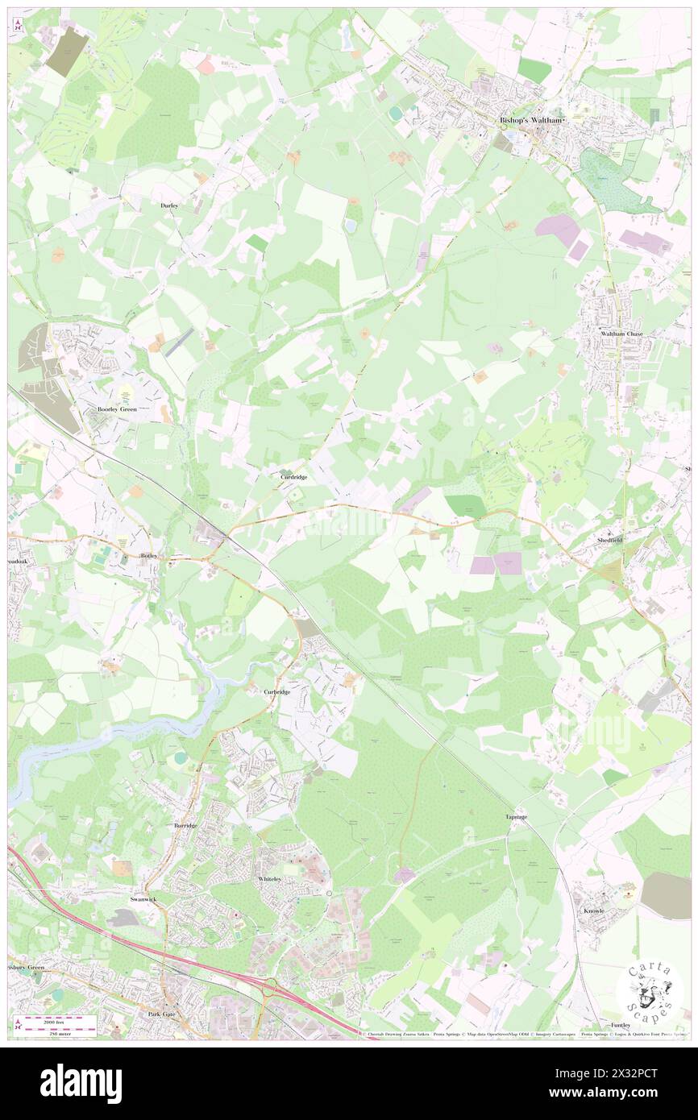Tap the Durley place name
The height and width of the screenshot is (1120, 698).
click(169, 206)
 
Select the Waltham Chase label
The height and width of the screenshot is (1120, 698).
click(621, 333)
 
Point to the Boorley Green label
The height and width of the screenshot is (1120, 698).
click(118, 409)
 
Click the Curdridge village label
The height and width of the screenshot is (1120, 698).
click(293, 477)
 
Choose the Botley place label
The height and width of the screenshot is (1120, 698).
click(150, 556)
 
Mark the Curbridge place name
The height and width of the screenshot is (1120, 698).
click(277, 692)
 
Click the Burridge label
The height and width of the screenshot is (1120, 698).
click(185, 826)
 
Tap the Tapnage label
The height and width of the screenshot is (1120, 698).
click(517, 817)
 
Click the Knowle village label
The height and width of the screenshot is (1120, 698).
click(593, 911)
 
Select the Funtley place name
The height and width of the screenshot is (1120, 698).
click(621, 1025)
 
